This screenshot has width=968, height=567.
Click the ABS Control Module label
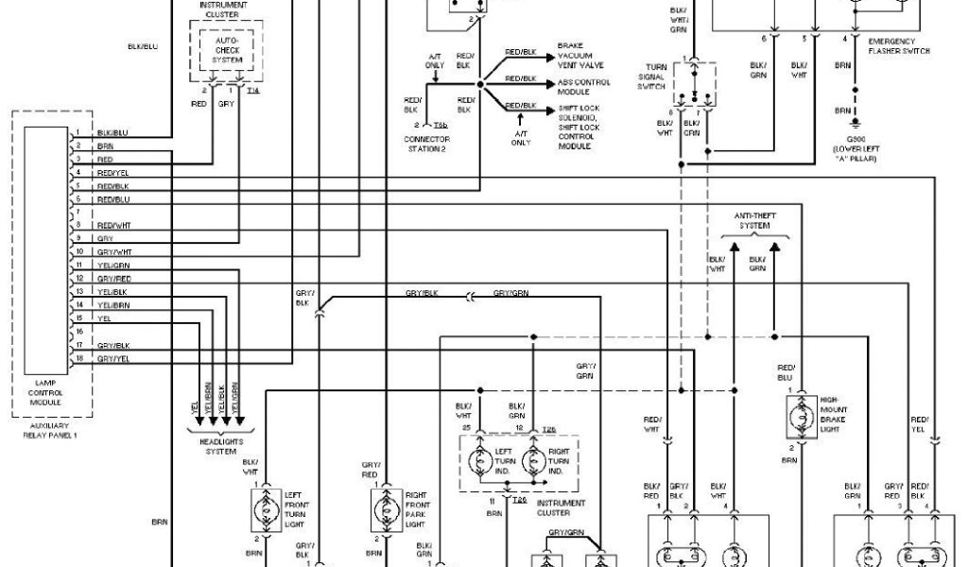click(583, 87)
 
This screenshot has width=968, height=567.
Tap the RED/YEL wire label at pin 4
click(112, 174)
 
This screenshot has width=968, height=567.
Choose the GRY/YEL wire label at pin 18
click(113, 359)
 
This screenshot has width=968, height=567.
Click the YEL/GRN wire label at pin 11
click(112, 266)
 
